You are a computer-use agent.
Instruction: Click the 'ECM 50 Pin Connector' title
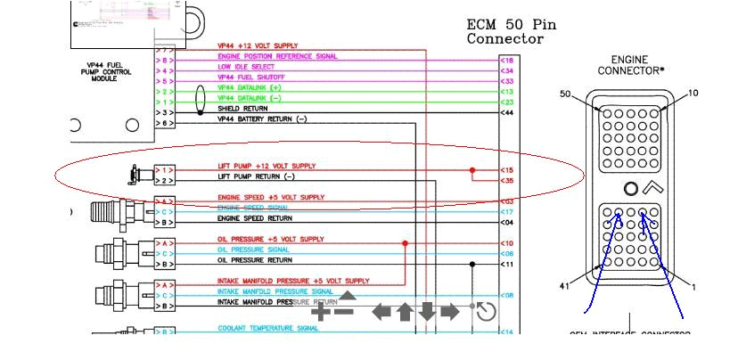tap(512, 32)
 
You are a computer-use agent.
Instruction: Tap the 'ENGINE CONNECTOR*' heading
tap(631, 65)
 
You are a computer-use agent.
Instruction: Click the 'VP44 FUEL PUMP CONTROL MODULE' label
tap(104, 71)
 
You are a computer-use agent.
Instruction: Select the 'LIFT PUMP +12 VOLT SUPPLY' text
tap(266, 167)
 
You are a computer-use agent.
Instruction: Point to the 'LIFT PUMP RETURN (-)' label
tap(256, 177)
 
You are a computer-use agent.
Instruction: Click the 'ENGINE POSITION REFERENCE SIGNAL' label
tap(277, 56)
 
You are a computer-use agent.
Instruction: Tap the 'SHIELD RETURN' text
tap(242, 109)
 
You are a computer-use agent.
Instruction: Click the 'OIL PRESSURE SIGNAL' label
tap(254, 250)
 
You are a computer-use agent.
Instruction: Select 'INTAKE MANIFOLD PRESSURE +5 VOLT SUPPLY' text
tap(293, 282)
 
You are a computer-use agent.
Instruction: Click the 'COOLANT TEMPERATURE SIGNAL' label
tap(268, 329)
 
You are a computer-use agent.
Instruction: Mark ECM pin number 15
tap(507, 170)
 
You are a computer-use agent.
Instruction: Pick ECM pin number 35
tap(507, 181)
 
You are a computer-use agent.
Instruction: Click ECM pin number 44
tap(507, 113)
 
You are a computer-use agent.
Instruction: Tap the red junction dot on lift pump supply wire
tap(472, 170)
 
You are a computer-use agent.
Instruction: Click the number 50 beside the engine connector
tap(565, 94)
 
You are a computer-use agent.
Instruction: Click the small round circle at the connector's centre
tap(630, 189)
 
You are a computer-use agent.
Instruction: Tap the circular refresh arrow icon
tap(486, 311)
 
